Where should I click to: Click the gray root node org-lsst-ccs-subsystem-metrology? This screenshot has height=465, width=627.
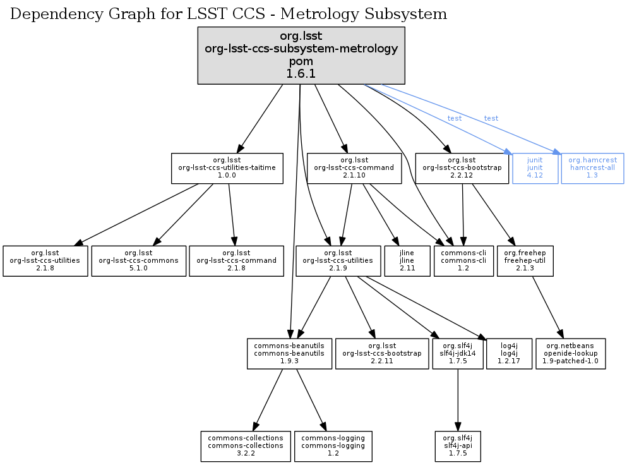click(x=301, y=55)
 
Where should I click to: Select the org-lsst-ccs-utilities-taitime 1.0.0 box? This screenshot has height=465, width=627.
click(x=227, y=168)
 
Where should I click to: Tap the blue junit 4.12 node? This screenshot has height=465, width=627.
click(x=535, y=168)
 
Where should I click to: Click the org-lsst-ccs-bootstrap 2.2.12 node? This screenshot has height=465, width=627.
click(x=462, y=168)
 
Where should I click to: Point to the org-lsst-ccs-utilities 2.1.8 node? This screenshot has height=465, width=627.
click(x=45, y=260)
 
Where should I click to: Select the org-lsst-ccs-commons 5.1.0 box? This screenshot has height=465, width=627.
click(x=139, y=260)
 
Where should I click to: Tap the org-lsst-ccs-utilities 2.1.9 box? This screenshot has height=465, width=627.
click(x=338, y=260)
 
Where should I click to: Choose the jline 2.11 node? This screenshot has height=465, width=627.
click(x=407, y=260)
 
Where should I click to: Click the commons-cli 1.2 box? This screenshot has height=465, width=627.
click(x=463, y=260)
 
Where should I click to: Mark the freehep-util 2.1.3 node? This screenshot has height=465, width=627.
click(x=525, y=260)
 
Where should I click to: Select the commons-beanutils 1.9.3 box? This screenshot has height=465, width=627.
click(x=289, y=354)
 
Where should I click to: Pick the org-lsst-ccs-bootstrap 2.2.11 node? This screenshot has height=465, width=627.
click(x=381, y=354)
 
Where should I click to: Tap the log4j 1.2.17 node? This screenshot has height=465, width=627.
click(x=509, y=354)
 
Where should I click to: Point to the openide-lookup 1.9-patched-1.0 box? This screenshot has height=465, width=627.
click(x=570, y=354)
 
